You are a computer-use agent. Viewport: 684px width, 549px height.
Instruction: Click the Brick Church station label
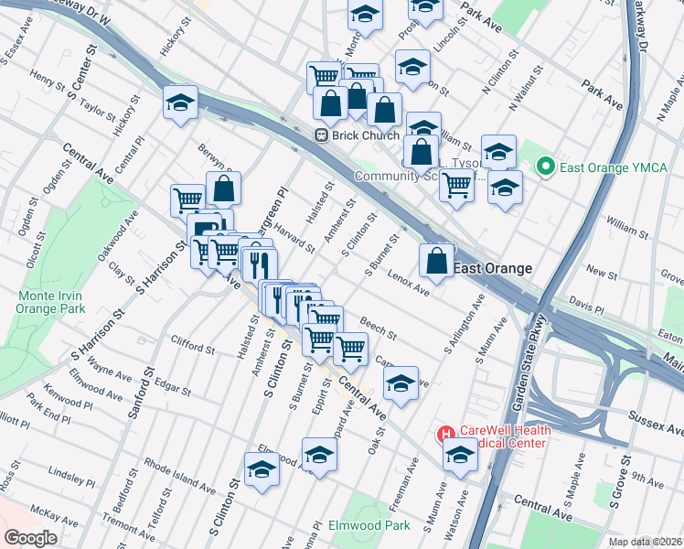(x=366, y=135)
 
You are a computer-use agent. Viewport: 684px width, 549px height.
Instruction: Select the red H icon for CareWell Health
(x=445, y=434)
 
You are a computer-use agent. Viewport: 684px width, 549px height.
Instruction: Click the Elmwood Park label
(x=370, y=526)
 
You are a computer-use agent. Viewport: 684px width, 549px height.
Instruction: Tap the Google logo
(x=30, y=537)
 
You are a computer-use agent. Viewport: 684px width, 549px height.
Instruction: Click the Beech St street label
(x=377, y=328)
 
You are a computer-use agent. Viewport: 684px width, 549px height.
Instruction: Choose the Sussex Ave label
(x=656, y=423)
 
